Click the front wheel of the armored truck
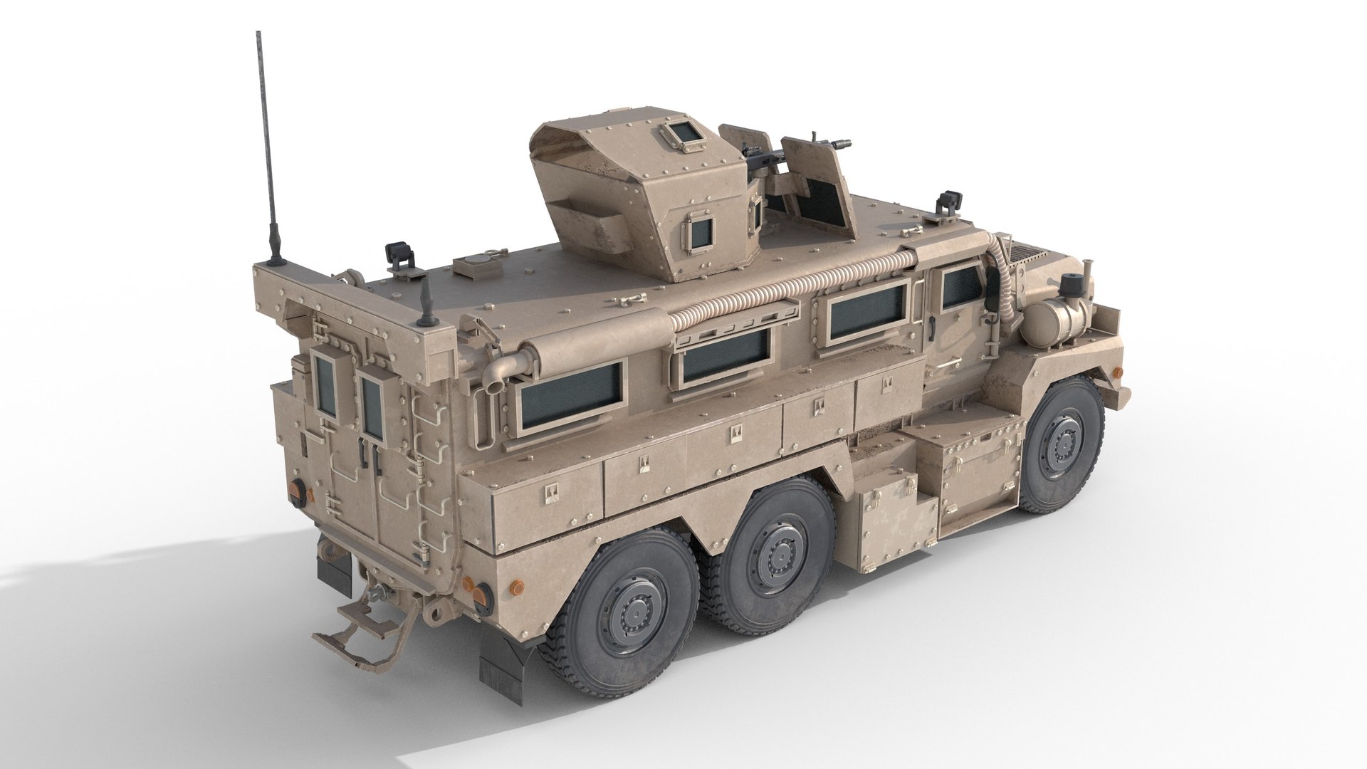click(x=1062, y=447)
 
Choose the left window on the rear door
click(x=326, y=386)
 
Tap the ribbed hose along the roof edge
click(x=783, y=288)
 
